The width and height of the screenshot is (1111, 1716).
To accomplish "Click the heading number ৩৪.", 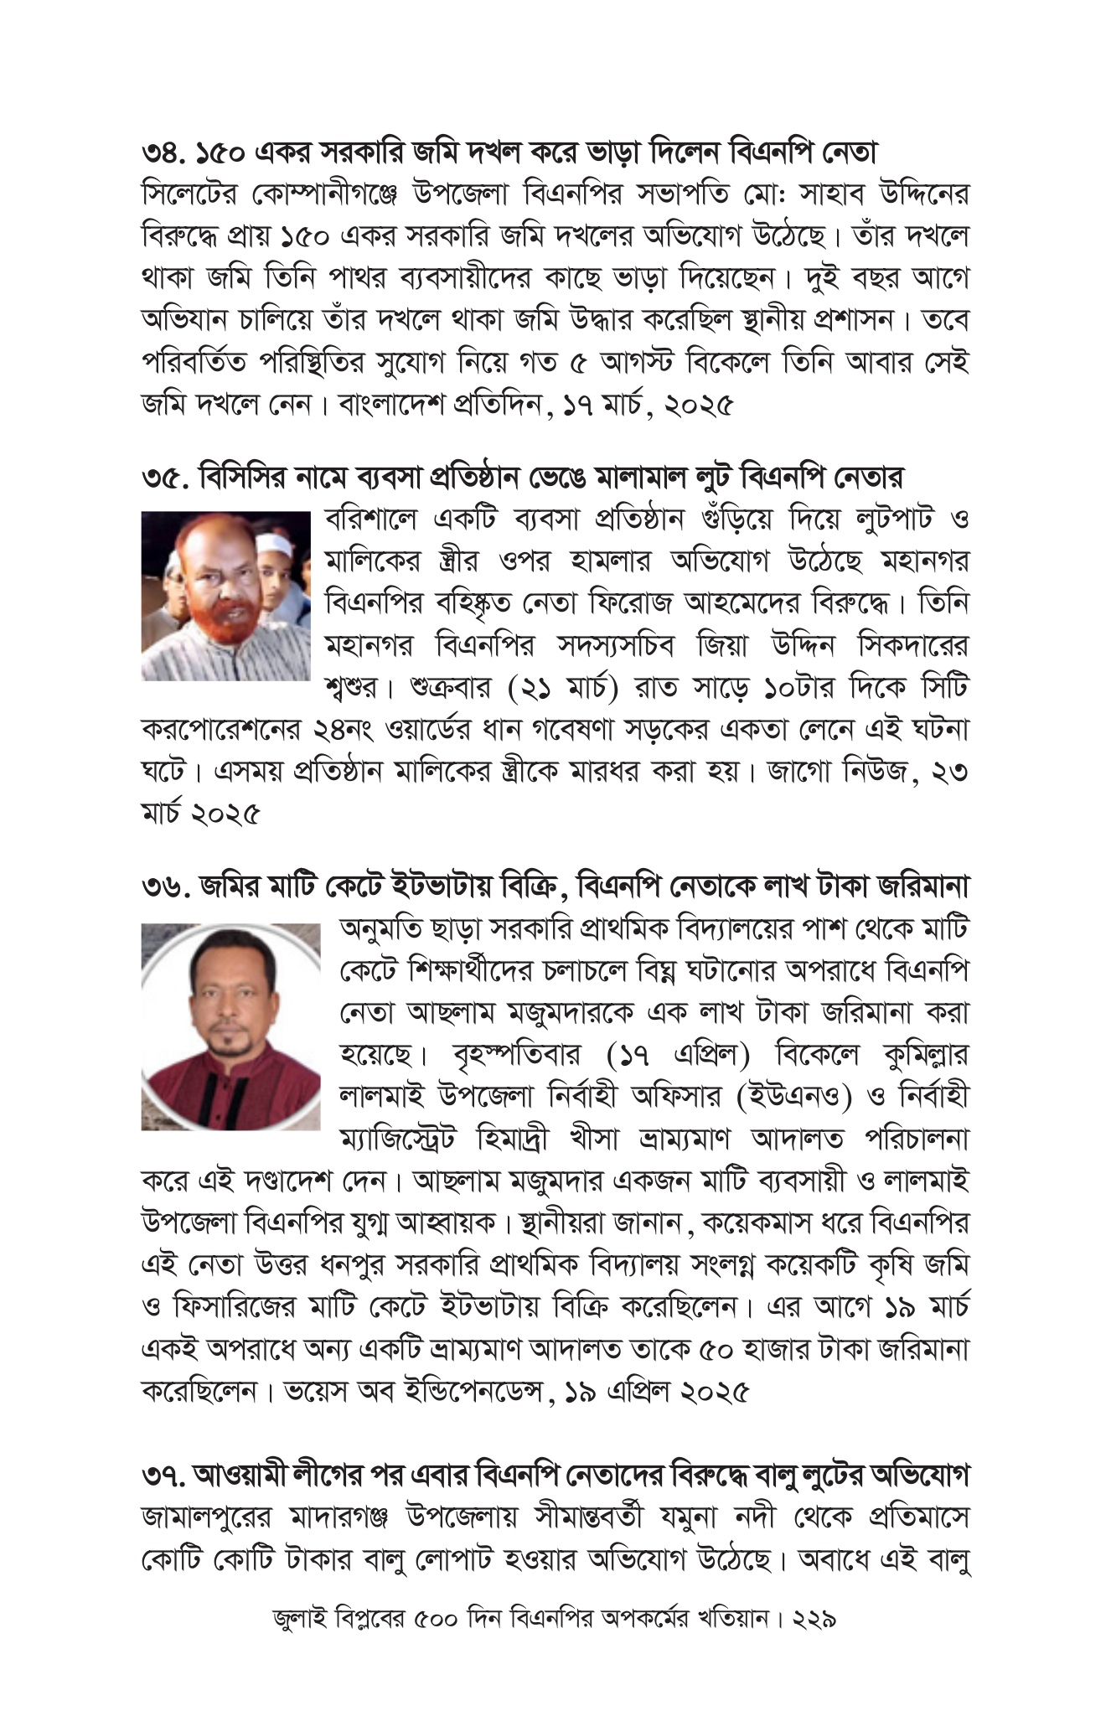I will pos(165,153).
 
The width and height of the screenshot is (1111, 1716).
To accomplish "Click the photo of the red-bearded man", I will pos(225,596).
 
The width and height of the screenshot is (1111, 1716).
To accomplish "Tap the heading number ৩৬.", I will pos(166,886).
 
